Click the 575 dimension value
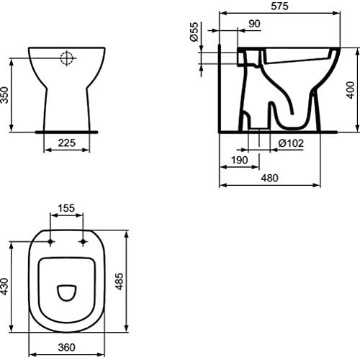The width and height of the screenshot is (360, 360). pos(279,6)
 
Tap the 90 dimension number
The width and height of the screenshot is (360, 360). pos(254,24)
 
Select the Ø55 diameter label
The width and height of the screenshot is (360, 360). pos(194,32)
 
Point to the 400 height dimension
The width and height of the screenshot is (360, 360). pos(351,90)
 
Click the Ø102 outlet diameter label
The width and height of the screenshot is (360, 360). pos(291,143)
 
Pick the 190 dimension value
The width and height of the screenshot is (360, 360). pos(239,160)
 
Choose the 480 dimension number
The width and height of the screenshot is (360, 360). pos(270,178)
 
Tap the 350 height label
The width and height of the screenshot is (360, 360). pos(4,95)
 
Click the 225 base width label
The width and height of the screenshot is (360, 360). pos(67,143)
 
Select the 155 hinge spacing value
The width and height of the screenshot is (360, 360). pos(66,208)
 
